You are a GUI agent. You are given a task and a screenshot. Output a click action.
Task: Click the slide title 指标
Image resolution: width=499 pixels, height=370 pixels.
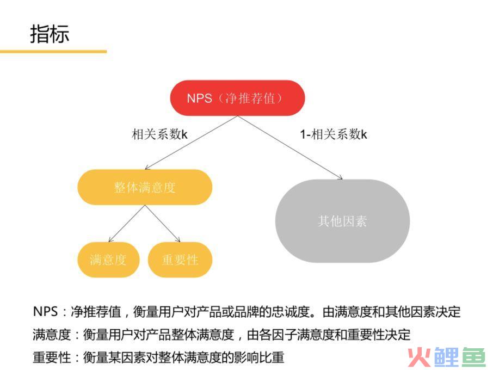tap(50, 34)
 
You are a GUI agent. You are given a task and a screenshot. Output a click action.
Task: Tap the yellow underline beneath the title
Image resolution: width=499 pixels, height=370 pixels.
tap(53, 51)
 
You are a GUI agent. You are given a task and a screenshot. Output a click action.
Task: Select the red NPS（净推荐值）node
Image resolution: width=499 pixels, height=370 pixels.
tap(237, 98)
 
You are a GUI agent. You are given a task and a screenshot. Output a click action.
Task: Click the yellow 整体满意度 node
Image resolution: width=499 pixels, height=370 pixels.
tap(145, 187)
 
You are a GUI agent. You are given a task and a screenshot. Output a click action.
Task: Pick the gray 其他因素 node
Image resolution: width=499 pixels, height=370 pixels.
tap(342, 221)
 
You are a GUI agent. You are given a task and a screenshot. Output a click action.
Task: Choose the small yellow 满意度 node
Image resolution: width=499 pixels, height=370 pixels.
tap(108, 260)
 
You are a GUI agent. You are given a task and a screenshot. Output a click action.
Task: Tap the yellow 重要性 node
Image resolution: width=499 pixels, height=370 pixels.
tap(180, 260)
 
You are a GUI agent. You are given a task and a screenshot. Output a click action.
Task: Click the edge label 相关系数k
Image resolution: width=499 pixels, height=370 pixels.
tap(160, 134)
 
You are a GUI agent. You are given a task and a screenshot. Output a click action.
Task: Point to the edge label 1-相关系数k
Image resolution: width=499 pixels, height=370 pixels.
tap(334, 134)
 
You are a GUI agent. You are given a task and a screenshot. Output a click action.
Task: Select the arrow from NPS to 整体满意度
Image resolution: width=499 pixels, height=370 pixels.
tap(191, 143)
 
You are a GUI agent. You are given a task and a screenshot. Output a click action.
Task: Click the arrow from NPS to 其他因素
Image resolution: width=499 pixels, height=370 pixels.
tap(290, 147)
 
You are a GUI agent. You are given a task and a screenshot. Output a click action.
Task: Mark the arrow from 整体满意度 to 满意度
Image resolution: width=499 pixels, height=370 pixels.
tap(127, 223)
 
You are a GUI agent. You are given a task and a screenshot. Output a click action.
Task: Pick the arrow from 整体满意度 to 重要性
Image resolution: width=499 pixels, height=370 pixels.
tap(163, 223)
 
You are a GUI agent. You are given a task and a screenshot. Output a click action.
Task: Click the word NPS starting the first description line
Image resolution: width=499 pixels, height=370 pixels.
tap(45, 311)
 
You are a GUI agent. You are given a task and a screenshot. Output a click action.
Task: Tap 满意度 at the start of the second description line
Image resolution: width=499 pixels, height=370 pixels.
tap(52, 335)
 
